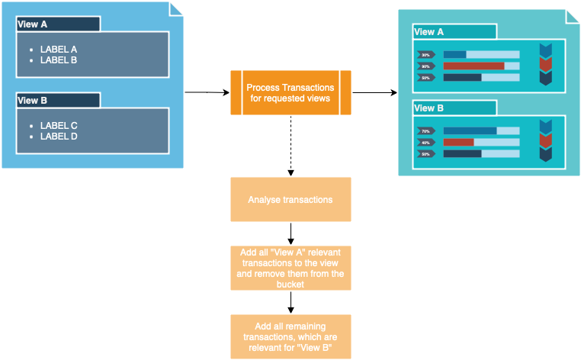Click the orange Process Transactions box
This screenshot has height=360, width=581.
(290, 93)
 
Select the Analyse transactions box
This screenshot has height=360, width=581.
(290, 200)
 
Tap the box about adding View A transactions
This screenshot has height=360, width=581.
(290, 268)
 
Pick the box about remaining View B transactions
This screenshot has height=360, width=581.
(290, 336)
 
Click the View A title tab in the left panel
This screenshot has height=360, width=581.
(58, 24)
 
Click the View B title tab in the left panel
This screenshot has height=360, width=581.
(58, 101)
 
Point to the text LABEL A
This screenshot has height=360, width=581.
(59, 49)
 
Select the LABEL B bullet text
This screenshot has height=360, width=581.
(59, 59)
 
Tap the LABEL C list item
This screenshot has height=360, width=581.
(59, 125)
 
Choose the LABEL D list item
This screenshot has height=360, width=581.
(59, 136)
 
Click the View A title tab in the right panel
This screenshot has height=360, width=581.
(454, 32)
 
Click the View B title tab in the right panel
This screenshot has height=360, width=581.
(454, 108)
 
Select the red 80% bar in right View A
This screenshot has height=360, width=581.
(473, 66)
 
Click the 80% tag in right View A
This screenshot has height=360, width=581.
(425, 66)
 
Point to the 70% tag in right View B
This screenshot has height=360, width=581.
(425, 130)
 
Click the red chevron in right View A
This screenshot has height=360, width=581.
(545, 64)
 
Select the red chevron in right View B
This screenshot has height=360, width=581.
(545, 140)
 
